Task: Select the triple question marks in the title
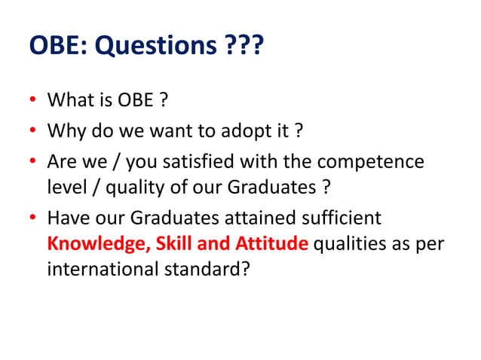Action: coord(244,46)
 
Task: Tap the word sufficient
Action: coord(346,218)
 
